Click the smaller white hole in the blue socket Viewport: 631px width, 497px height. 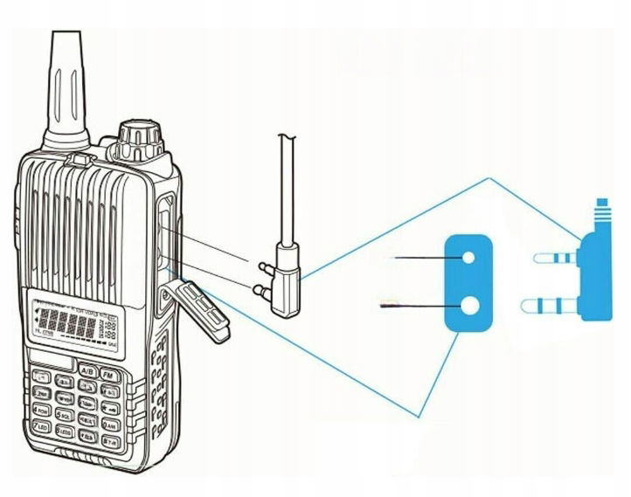pos(468,258)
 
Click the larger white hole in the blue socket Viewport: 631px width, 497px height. pos(469,306)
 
